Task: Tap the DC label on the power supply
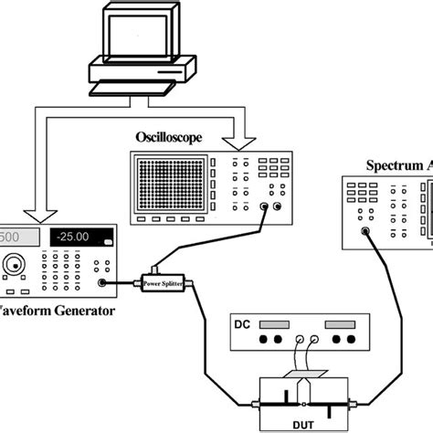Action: [242, 326]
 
